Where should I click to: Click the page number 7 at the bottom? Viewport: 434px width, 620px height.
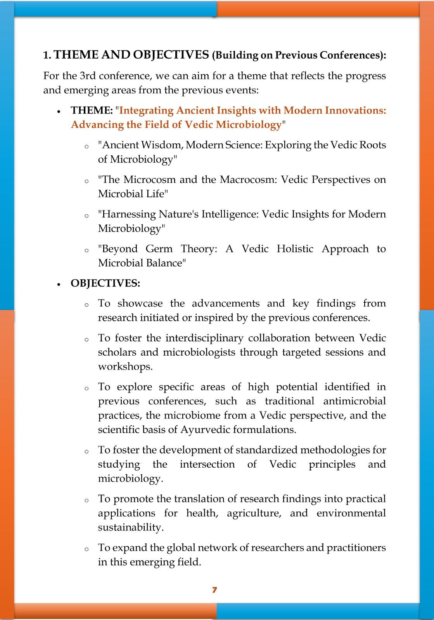(214, 590)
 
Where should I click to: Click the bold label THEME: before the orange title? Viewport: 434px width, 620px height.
(92, 110)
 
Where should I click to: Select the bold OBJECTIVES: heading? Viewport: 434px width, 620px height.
(105, 283)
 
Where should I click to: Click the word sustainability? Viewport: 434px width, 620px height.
(130, 527)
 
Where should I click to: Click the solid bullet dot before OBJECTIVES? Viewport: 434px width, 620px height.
(59, 284)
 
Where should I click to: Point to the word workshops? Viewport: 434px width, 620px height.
(125, 367)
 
